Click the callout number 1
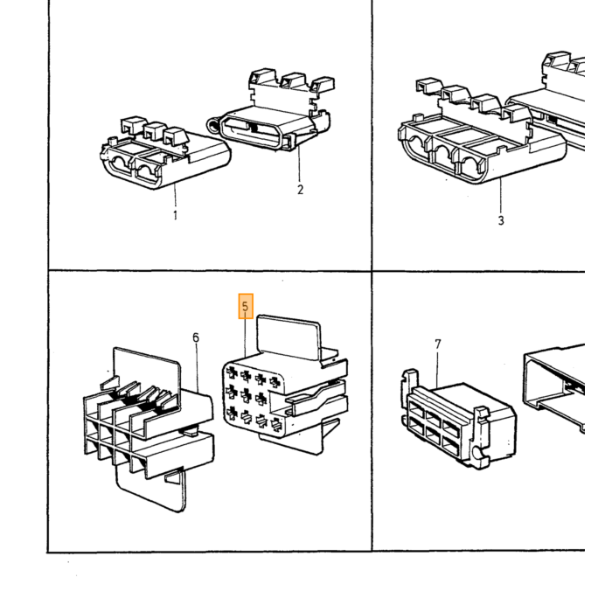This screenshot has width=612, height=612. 175,215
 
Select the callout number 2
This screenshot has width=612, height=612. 300,190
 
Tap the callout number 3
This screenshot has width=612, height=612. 501,220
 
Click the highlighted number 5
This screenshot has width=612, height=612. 245,306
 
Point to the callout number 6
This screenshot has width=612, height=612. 196,337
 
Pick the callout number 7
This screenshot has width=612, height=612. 437,344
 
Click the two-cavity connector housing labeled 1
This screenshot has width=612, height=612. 165,153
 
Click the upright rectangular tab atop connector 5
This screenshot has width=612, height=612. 289,337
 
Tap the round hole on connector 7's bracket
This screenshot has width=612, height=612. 477,452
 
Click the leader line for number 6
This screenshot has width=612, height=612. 197,368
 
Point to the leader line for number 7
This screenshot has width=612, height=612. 437,369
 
